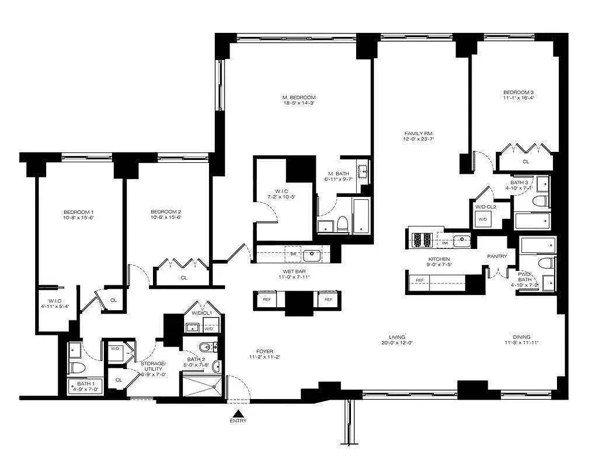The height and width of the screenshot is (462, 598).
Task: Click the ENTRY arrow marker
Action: (237, 413)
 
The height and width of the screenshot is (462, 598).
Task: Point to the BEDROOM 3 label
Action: (518, 92)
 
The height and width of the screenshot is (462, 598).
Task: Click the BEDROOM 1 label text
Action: (78, 212)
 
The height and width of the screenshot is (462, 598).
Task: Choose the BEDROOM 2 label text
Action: (166, 211)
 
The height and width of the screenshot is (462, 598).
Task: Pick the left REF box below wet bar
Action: (267, 300)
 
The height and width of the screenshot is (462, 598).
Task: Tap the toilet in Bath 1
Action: (76, 367)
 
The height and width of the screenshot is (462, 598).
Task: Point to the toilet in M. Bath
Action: (342, 223)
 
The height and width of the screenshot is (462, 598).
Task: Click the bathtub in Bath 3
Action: (532, 221)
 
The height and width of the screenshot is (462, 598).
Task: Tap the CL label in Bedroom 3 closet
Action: (526, 162)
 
